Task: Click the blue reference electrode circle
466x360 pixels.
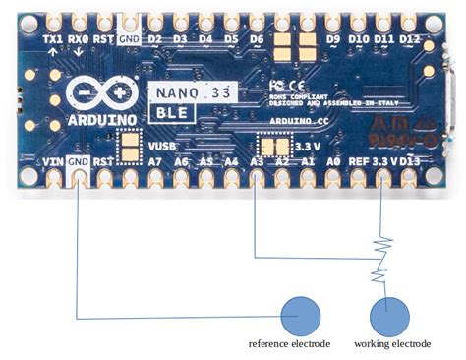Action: [301, 316]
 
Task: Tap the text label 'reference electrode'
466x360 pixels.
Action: [289, 344]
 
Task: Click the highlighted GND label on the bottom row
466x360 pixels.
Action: [79, 160]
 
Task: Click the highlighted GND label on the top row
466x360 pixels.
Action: [128, 39]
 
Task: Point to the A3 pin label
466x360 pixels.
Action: [257, 160]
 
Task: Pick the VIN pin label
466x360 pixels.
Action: [53, 160]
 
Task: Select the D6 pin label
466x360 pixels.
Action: [257, 39]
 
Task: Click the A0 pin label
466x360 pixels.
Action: [333, 160]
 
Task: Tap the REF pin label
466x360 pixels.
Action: [359, 160]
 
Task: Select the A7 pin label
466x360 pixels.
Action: [154, 160]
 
